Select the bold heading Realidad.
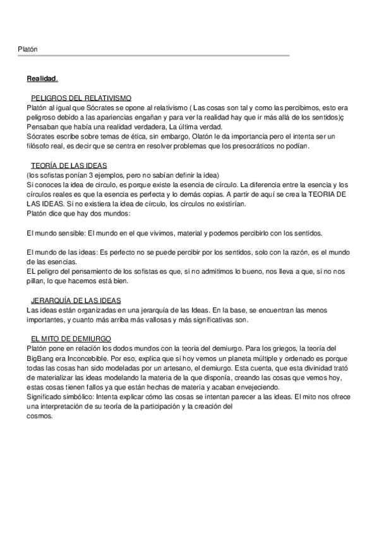coord(42,79)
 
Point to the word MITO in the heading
coord(52,339)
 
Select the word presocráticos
coord(260,145)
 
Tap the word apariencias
coord(121,117)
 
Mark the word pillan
coord(38,281)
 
